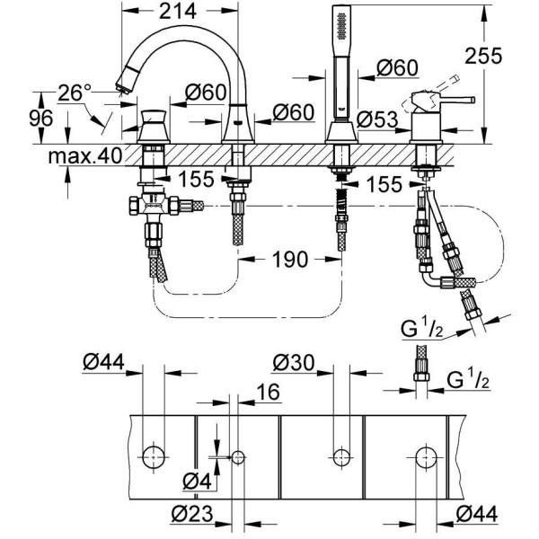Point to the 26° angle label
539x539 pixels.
coord(74,93)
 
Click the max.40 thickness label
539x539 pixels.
coord(84,155)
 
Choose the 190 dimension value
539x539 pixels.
coord(289,259)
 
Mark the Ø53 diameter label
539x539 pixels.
coord(377,119)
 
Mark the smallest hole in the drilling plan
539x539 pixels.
coord(237,457)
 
